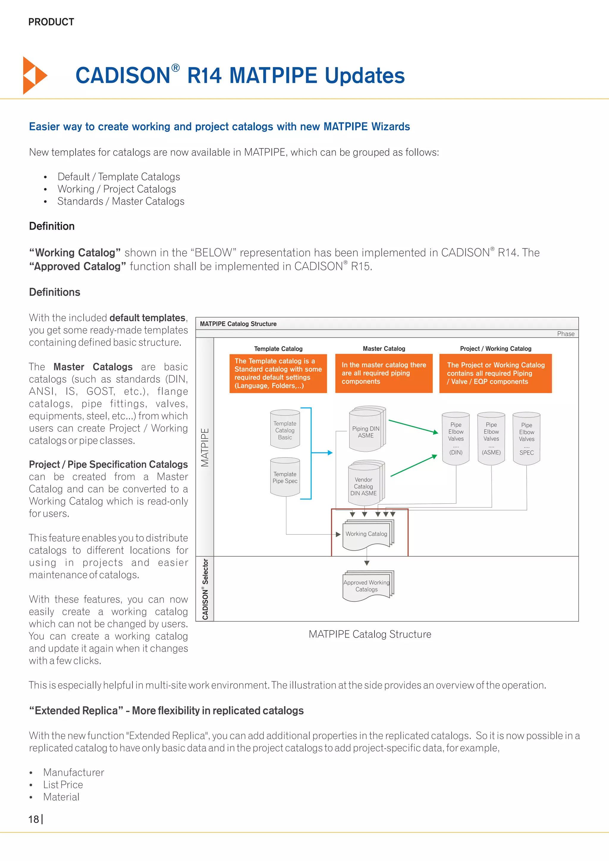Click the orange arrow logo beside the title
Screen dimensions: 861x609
tap(34, 76)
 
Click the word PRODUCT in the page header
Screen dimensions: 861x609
tap(51, 22)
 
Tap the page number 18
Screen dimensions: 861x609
tap(34, 819)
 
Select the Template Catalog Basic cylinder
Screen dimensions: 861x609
tap(285, 430)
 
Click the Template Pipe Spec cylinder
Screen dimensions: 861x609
tap(285, 477)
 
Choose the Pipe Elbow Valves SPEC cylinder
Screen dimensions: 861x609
tap(527, 439)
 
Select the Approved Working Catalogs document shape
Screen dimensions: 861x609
tap(367, 586)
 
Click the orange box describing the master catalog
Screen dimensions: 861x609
tap(384, 373)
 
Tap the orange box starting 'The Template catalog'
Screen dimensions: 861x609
tap(278, 373)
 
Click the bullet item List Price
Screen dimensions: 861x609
tap(63, 785)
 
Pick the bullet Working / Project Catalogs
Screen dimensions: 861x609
tap(117, 189)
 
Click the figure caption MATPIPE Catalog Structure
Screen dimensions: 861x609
tap(370, 634)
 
